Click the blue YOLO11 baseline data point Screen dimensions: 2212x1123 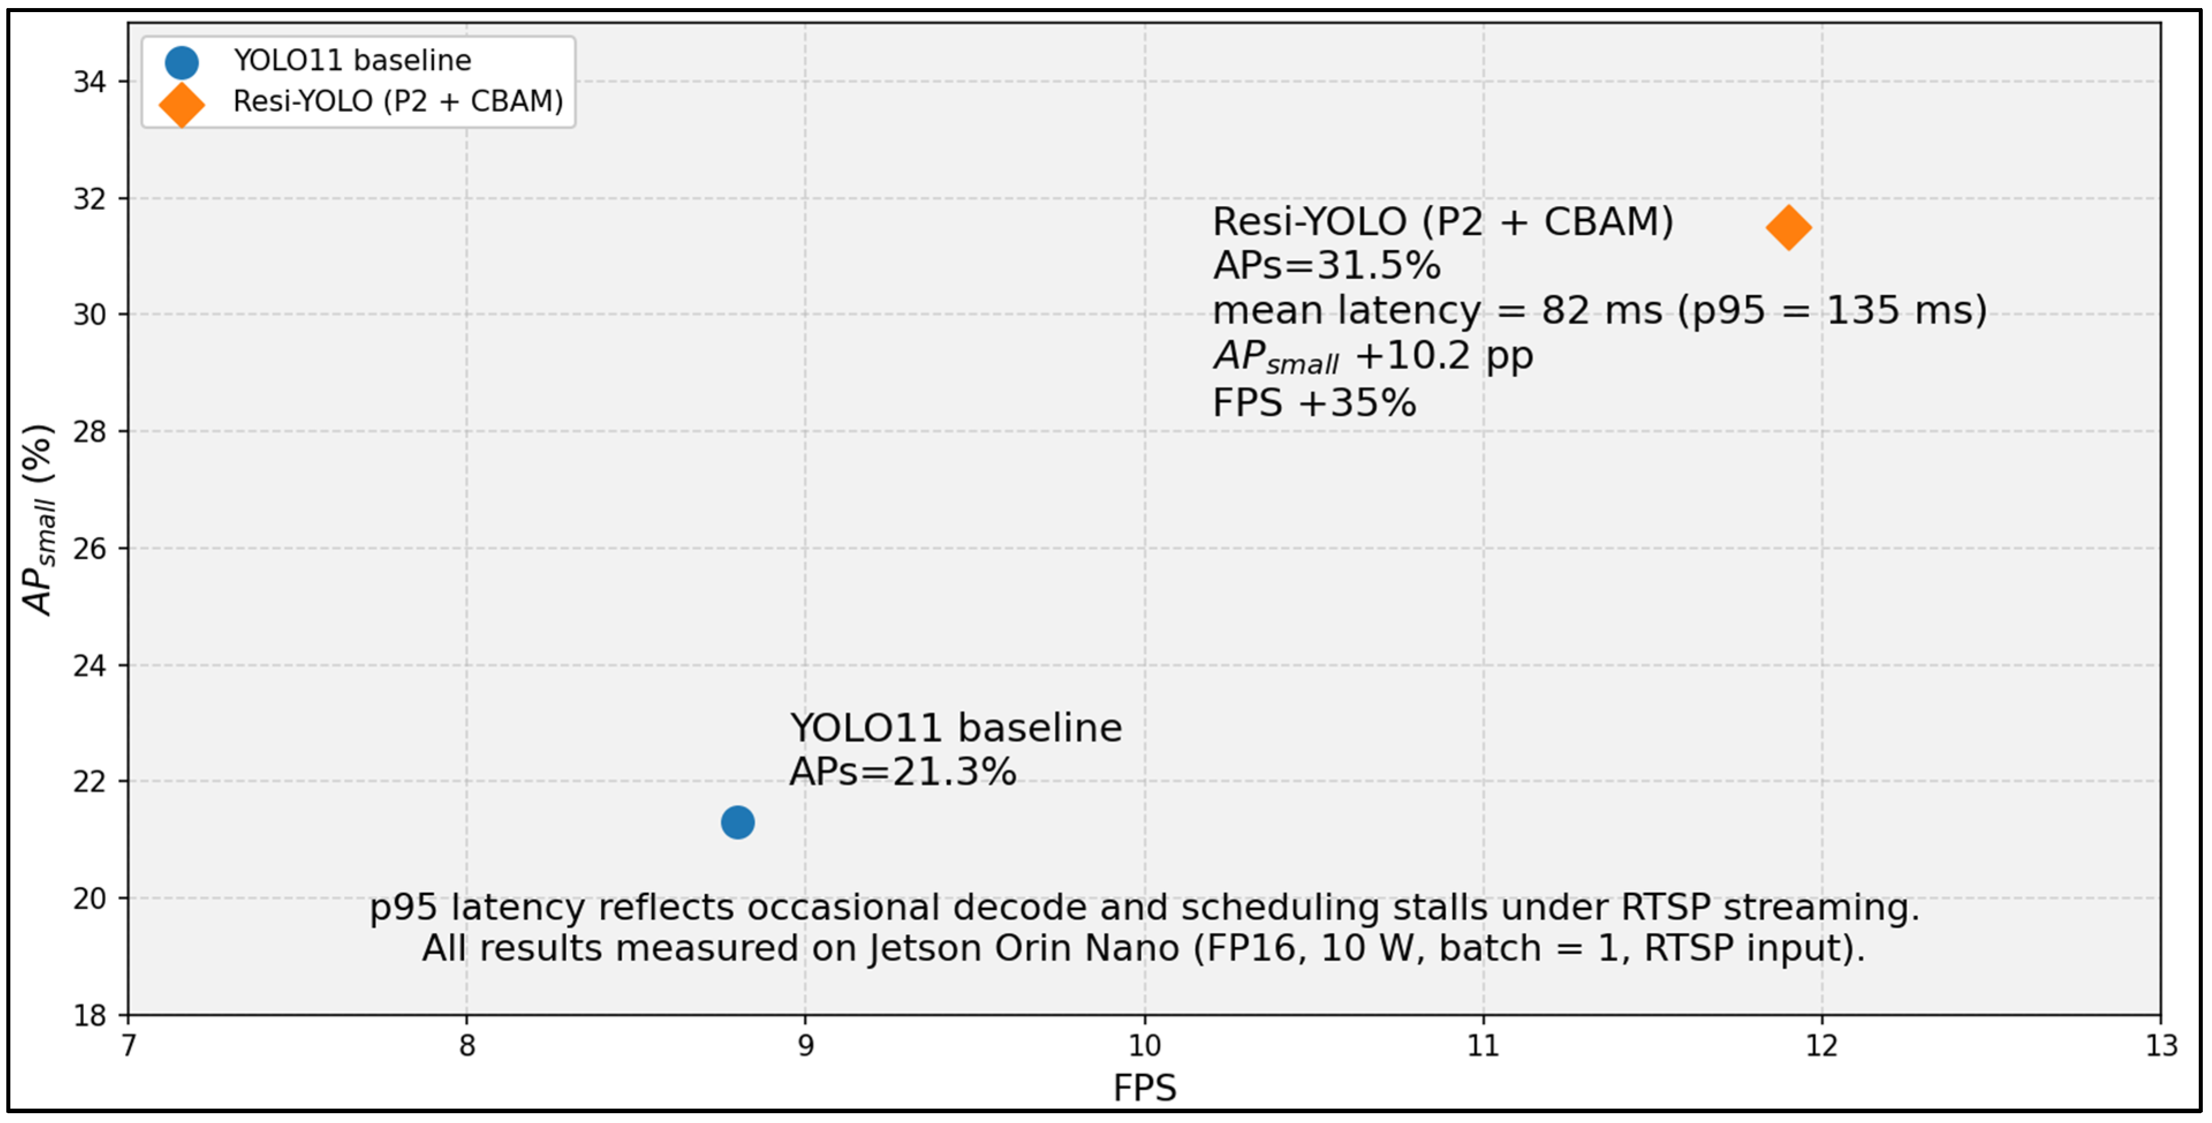click(x=737, y=822)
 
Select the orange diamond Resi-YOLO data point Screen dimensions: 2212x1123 click(x=1789, y=227)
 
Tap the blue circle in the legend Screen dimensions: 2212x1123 click(x=181, y=62)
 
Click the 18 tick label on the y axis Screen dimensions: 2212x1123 click(x=89, y=1016)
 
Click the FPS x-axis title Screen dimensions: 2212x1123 click(x=1145, y=1088)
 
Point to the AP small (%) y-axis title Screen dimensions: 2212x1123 click(x=39, y=519)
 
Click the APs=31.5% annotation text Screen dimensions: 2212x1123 click(x=1327, y=266)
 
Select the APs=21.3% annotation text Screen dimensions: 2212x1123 click(x=903, y=772)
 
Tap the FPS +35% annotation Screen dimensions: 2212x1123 click(x=1315, y=403)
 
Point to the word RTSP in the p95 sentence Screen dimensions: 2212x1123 click(x=1666, y=908)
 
